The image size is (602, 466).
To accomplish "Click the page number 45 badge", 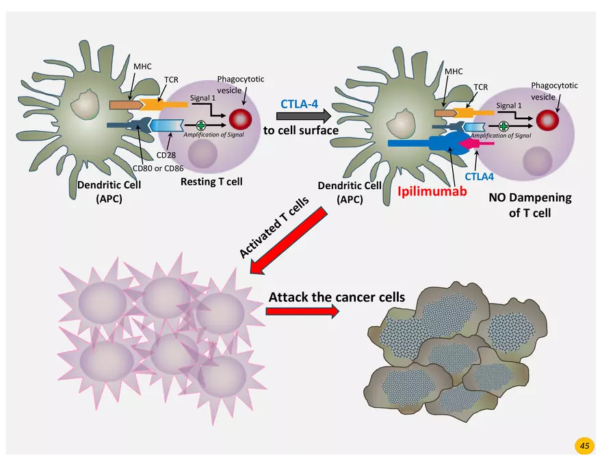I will (584, 446).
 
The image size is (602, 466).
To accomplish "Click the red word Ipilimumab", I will (432, 192).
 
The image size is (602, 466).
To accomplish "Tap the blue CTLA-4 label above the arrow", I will (299, 104).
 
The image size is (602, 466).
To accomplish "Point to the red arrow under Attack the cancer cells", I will (302, 311).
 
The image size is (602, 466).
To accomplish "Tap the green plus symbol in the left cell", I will (200, 125).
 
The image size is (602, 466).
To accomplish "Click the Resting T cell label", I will (211, 182).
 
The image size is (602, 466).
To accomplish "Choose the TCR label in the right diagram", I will (480, 88).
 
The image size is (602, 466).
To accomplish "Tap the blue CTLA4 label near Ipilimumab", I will (480, 175).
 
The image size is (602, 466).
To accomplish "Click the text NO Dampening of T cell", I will (529, 205).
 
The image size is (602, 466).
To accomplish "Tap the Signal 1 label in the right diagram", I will (509, 106).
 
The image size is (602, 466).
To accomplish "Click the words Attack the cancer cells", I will (337, 297).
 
